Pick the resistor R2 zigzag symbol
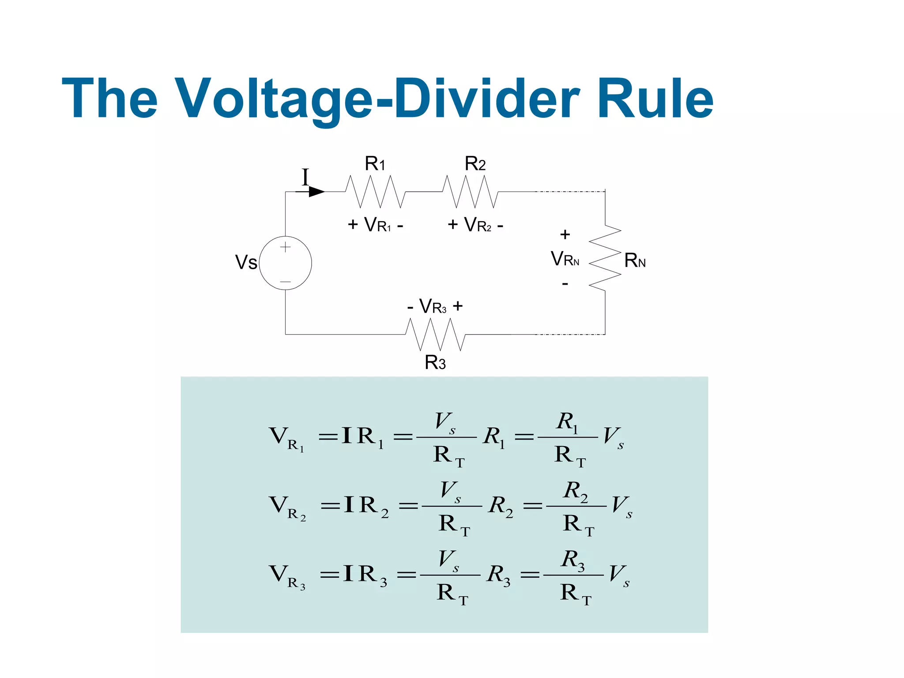coord(471,192)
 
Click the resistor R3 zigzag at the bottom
coord(435,334)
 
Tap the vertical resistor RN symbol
coord(605,258)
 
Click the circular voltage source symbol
coord(285,263)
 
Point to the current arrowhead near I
coord(316,192)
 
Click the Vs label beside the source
coord(246,263)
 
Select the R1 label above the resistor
coord(375,164)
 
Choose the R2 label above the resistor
coord(475,164)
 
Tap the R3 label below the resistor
coord(435,363)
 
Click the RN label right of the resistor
coord(635,261)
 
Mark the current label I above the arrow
coord(305,177)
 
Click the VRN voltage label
coord(565,259)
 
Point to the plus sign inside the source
coord(285,247)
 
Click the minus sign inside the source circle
coord(285,282)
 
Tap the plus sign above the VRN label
coord(565,234)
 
